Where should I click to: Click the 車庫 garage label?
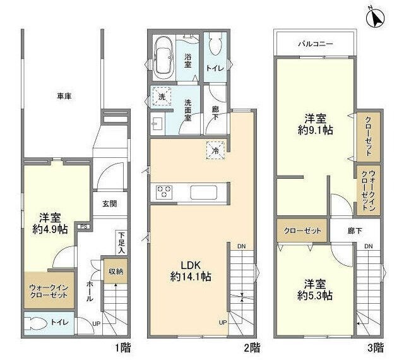point(64,96)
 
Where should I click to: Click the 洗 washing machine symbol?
point(159,97)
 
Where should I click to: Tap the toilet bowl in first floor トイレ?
point(39,324)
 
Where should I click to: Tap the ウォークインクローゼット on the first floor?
point(49,291)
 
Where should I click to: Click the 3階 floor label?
point(375,347)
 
